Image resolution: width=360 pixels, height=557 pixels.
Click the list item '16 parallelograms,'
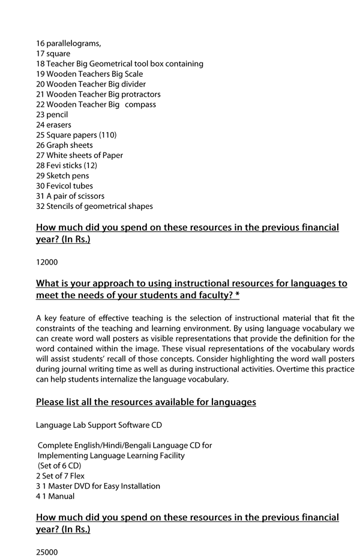68,43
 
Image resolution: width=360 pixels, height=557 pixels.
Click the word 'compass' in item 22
140,104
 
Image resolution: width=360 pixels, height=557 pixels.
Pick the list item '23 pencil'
52,115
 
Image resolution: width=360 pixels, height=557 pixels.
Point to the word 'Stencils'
61,206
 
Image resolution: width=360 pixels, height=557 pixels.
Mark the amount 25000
47,551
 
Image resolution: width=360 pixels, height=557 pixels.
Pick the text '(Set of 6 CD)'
59,466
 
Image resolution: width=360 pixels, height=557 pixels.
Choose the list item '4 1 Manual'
55,496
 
